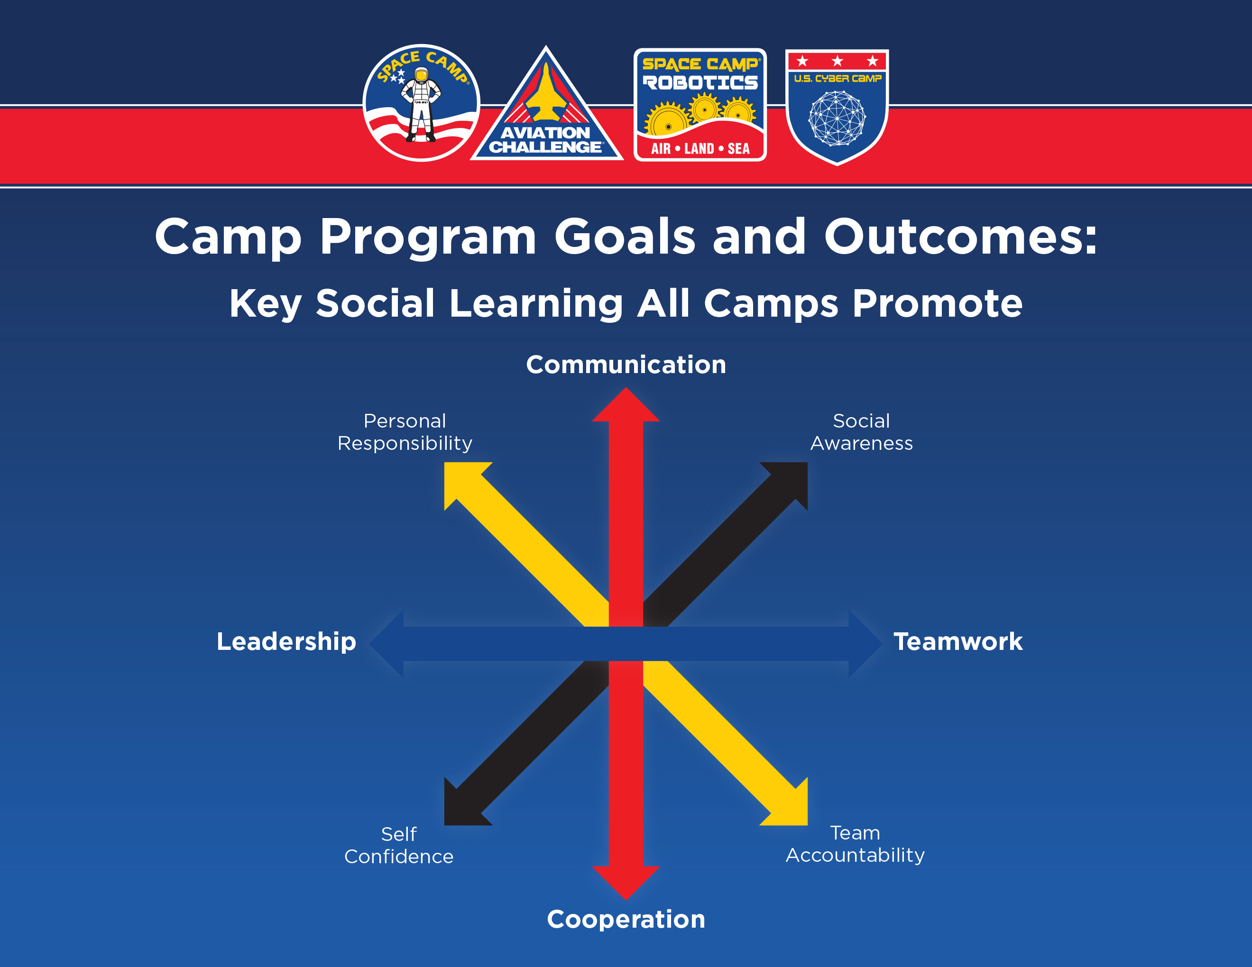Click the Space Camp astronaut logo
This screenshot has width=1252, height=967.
421,103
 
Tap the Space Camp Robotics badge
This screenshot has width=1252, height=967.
700,105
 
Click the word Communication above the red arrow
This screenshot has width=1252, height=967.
626,365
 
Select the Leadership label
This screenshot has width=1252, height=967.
286,642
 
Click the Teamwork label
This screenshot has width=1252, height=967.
958,642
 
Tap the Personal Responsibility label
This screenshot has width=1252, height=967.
405,432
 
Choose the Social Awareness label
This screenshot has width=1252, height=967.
861,432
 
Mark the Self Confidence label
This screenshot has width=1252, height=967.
398,845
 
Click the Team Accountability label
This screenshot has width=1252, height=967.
855,844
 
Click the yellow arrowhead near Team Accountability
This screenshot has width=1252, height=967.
792,809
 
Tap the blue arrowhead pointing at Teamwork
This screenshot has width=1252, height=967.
865,644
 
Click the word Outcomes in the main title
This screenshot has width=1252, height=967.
960,237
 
